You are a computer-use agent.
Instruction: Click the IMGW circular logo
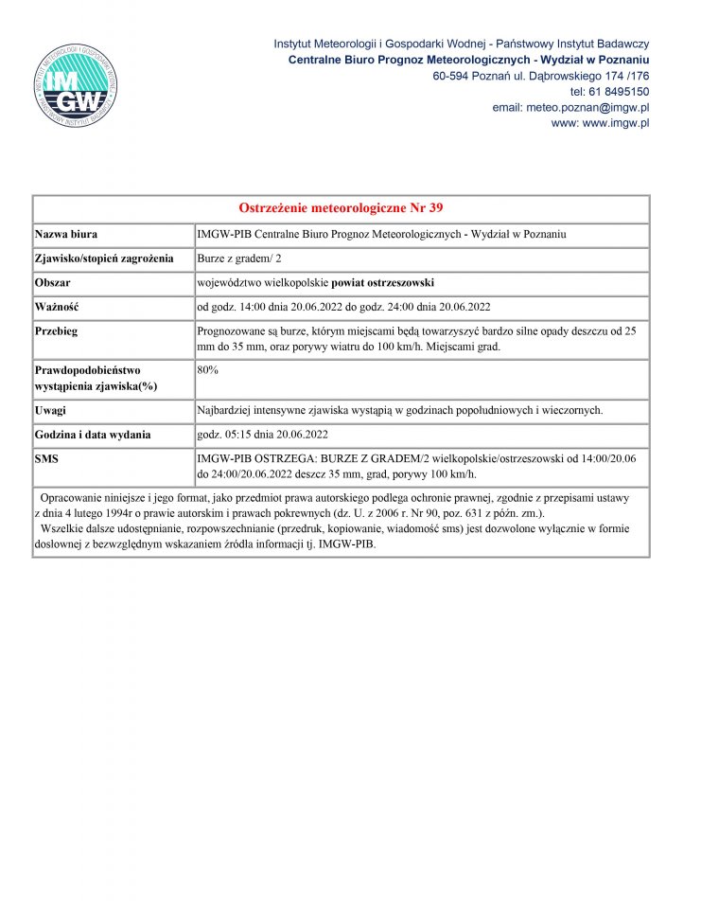tap(76, 84)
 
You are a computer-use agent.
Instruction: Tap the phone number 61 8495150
tap(621, 92)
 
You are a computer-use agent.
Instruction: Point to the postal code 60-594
tap(449, 76)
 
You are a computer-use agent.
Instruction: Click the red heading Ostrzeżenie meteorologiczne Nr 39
tap(342, 208)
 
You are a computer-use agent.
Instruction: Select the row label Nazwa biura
tap(66, 234)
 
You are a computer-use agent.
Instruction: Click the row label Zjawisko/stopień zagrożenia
tap(104, 258)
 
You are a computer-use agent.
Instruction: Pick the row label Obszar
tap(53, 283)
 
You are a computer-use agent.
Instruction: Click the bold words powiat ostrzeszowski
tap(382, 283)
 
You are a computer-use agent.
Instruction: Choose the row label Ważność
tap(57, 307)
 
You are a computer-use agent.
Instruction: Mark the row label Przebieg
tap(57, 331)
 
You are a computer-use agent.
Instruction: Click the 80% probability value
tap(208, 369)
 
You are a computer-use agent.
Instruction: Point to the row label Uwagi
tap(51, 410)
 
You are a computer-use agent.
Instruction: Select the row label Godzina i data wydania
tap(93, 435)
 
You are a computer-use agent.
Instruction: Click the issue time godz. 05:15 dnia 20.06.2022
tap(262, 435)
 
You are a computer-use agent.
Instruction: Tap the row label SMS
tap(47, 459)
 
